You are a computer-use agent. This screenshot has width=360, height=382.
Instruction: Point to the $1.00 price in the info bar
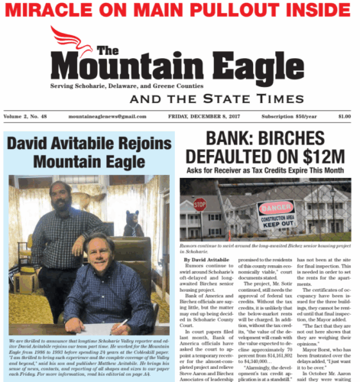coord(344,116)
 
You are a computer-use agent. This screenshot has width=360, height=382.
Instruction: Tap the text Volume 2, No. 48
coord(28,116)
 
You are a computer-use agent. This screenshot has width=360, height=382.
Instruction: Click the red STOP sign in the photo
coord(200,204)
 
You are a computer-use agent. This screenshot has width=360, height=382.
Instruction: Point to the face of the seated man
coord(98,247)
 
